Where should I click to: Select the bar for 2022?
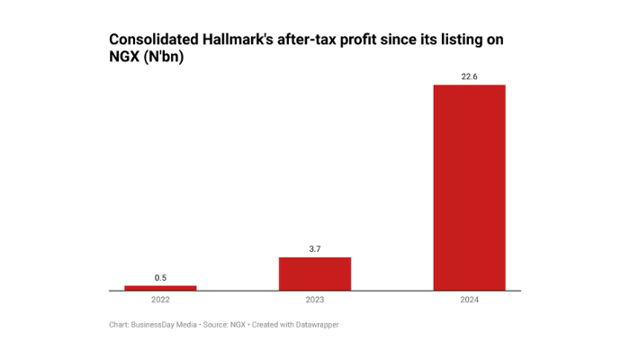(x=160, y=288)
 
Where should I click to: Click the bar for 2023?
(x=315, y=274)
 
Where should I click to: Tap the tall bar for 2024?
(x=469, y=187)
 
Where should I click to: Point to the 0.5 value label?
(x=160, y=277)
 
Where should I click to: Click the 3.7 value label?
(x=315, y=248)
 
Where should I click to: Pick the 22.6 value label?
(x=469, y=76)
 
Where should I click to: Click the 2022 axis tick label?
(x=160, y=300)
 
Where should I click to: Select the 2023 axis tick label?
(x=315, y=300)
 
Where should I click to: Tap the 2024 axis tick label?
(x=469, y=300)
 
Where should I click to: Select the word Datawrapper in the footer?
(x=315, y=324)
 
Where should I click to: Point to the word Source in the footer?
(x=215, y=324)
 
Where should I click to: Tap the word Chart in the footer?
(x=119, y=324)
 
